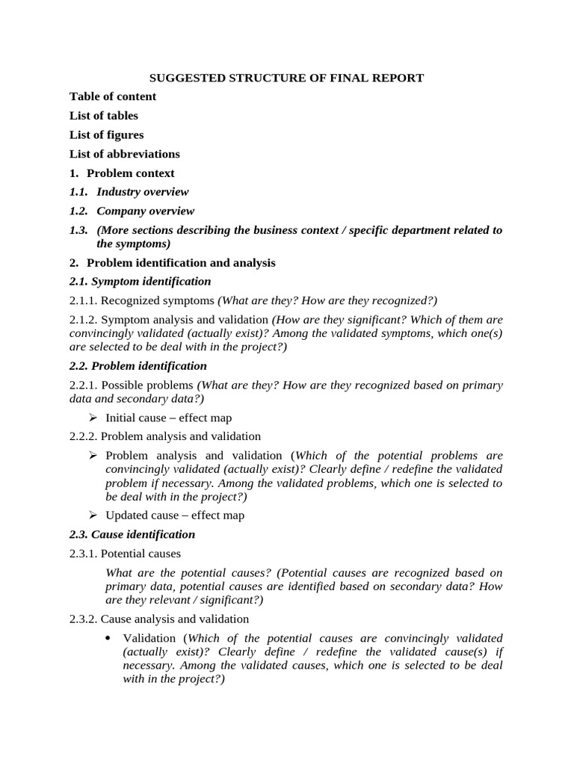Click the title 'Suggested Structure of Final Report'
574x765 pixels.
(x=287, y=78)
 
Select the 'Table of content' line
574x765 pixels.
(x=113, y=96)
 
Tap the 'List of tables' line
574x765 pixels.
(x=104, y=116)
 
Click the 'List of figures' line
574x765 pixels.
(x=106, y=135)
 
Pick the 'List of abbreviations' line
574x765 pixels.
(x=125, y=154)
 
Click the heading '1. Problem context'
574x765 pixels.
(x=122, y=173)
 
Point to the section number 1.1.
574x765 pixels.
(x=78, y=192)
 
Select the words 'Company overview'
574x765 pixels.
(x=145, y=211)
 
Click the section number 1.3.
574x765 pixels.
(x=78, y=230)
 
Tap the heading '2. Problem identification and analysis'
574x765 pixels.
(x=173, y=263)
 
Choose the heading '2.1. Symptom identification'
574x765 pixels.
(x=141, y=282)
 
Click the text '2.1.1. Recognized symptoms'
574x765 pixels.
(x=142, y=300)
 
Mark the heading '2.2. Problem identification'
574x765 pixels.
(x=138, y=366)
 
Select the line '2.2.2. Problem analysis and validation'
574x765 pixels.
(x=165, y=436)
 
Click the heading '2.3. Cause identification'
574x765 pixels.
(x=132, y=535)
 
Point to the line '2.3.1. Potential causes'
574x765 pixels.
(x=125, y=554)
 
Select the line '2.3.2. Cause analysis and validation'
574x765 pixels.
(x=159, y=619)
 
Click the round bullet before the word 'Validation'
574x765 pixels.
(x=109, y=638)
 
